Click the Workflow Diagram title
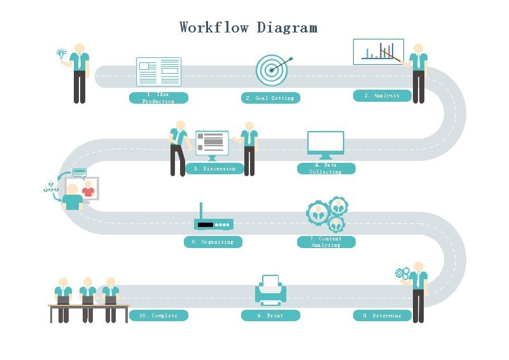(248, 27)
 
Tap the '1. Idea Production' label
(158, 98)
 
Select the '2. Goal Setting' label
(270, 98)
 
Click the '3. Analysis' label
(382, 96)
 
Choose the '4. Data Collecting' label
(326, 169)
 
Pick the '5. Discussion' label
(214, 169)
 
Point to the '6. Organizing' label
(213, 242)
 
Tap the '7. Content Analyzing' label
(326, 242)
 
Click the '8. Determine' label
(382, 315)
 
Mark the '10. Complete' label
(158, 315)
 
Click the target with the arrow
(272, 70)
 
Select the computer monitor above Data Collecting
(326, 144)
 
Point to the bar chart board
(378, 52)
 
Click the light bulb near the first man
(62, 53)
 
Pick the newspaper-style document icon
(158, 72)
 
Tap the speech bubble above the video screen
(79, 172)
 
